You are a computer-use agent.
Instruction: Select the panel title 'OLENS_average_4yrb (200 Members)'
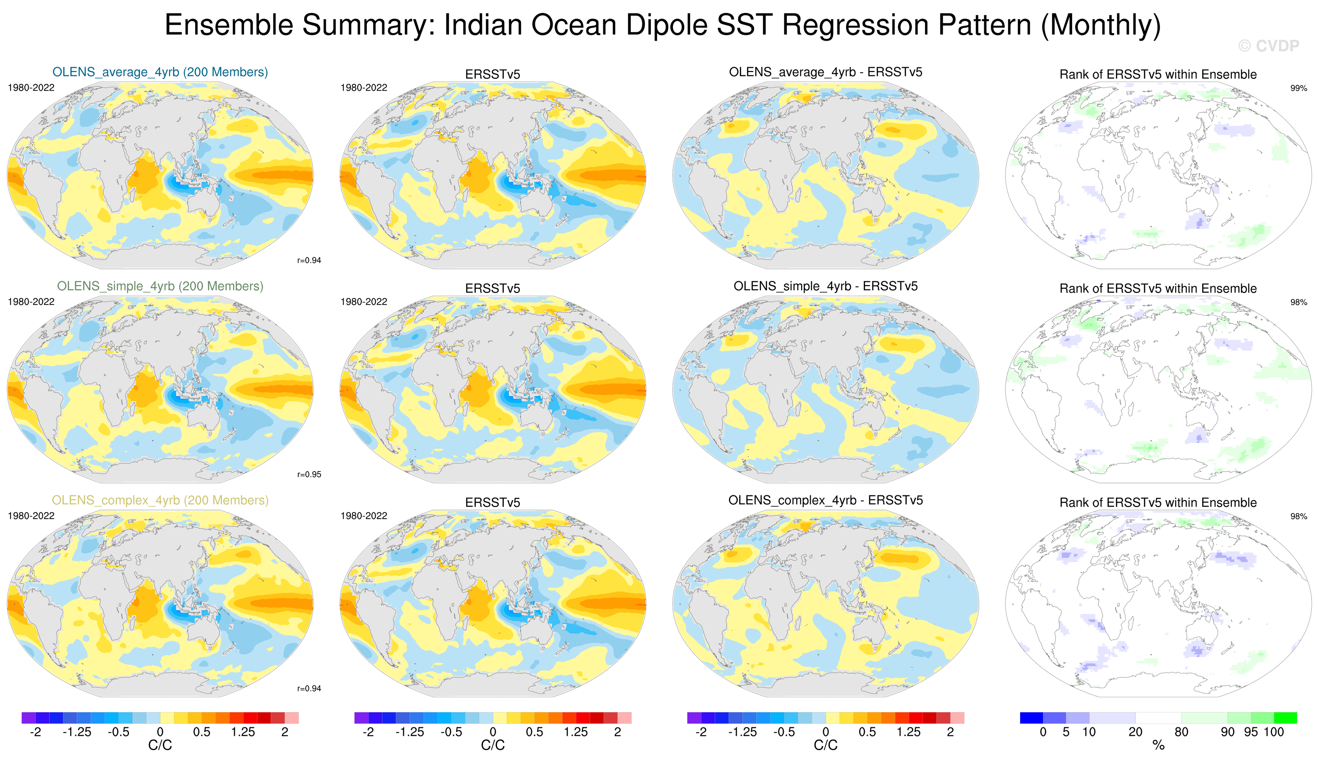160,72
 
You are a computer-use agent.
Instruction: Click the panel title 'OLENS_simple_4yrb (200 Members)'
160,286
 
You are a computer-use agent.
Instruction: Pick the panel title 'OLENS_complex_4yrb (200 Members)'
160,500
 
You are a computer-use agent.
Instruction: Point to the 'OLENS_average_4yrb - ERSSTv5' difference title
826,72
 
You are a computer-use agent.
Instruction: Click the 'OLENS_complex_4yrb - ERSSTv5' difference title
826,500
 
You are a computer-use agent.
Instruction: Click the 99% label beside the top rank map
1298,88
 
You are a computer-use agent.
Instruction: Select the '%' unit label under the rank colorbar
1158,745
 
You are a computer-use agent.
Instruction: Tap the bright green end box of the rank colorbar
1285,718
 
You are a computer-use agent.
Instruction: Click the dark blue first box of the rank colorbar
1031,718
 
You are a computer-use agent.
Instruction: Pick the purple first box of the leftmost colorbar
28,718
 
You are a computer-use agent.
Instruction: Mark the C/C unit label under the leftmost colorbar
160,745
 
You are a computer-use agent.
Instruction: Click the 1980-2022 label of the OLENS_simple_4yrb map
31,302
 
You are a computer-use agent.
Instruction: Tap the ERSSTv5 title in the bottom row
493,502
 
